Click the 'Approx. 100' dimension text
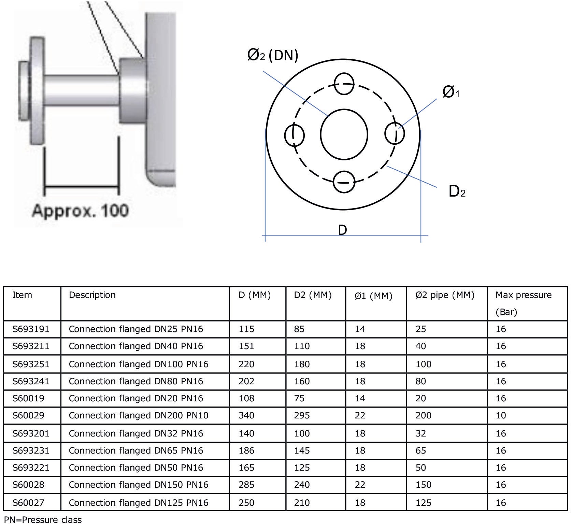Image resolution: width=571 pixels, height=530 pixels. pos(80,211)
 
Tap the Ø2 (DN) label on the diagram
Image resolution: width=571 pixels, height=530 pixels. pos(272,55)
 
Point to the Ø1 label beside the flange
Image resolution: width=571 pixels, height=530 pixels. pos(451,92)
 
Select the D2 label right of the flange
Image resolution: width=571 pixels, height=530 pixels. pos(457,191)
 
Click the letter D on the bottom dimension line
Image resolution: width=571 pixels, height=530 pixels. pos(342,230)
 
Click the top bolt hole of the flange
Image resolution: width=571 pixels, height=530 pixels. pos(344,84)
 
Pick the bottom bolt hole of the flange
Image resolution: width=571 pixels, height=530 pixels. pos(344,182)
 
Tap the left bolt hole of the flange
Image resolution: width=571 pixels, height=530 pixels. pos(294,135)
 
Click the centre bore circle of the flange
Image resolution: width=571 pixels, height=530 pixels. pos(344,134)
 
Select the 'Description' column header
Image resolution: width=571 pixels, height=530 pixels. pos(92,295)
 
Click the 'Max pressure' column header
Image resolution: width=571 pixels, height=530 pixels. pos(523,295)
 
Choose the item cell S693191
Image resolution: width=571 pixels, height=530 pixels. pos(31,329)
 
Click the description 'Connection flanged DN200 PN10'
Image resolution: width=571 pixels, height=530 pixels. pos(138,415)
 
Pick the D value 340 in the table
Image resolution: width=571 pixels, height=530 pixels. pos(246,415)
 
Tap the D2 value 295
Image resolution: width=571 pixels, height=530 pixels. pos(302,415)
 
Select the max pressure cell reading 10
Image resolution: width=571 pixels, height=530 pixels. pos(500,415)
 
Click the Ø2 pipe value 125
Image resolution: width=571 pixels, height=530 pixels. pos(423,502)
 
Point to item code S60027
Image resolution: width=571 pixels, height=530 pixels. pos(28,502)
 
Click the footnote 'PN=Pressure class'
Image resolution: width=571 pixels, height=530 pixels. pos(43,520)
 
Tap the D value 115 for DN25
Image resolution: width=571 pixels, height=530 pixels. pos(246,329)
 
